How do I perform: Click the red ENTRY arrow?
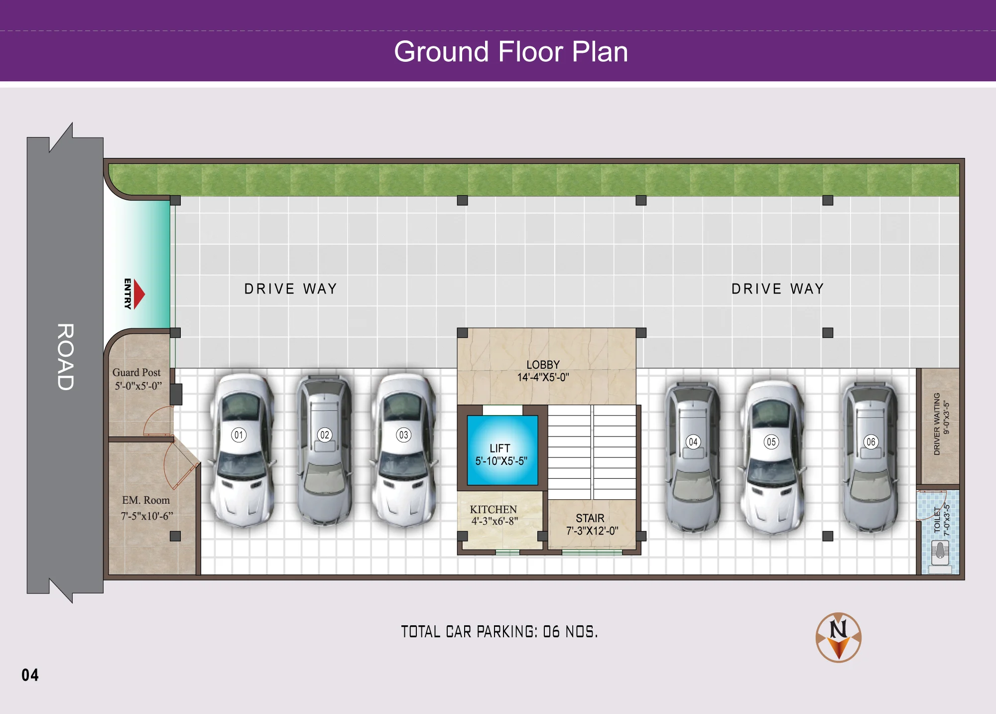pos(139,294)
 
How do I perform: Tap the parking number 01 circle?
pos(239,435)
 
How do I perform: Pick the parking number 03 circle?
pos(403,435)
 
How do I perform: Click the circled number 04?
pos(693,442)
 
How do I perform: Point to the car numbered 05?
pos(771,456)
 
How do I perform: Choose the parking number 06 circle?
pos(871,442)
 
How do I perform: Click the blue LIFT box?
pos(502,450)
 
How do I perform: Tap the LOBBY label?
pos(543,365)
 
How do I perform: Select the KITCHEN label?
pos(494,509)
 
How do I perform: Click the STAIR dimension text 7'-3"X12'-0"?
pos(592,531)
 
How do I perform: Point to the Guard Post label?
pos(136,372)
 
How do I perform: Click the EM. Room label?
pos(146,500)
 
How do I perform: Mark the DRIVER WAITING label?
pos(937,424)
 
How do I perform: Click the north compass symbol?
pos(839,637)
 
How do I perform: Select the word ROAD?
pos(65,357)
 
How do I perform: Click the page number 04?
pos(30,675)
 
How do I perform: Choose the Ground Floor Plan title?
pos(511,51)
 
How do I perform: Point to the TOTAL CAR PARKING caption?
pos(499,632)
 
